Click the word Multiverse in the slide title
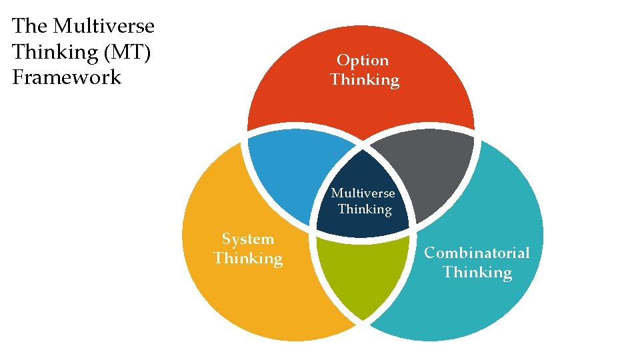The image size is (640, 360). (103, 26)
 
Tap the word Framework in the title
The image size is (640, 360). (67, 77)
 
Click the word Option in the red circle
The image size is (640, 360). (363, 60)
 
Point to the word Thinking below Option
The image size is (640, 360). (365, 80)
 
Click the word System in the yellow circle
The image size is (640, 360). (248, 239)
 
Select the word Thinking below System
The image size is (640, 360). (248, 258)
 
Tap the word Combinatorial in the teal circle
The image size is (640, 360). (477, 253)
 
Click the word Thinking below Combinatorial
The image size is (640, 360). (477, 272)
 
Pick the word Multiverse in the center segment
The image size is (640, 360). (363, 193)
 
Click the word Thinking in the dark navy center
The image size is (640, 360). (365, 209)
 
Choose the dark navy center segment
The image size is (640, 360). (363, 173)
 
